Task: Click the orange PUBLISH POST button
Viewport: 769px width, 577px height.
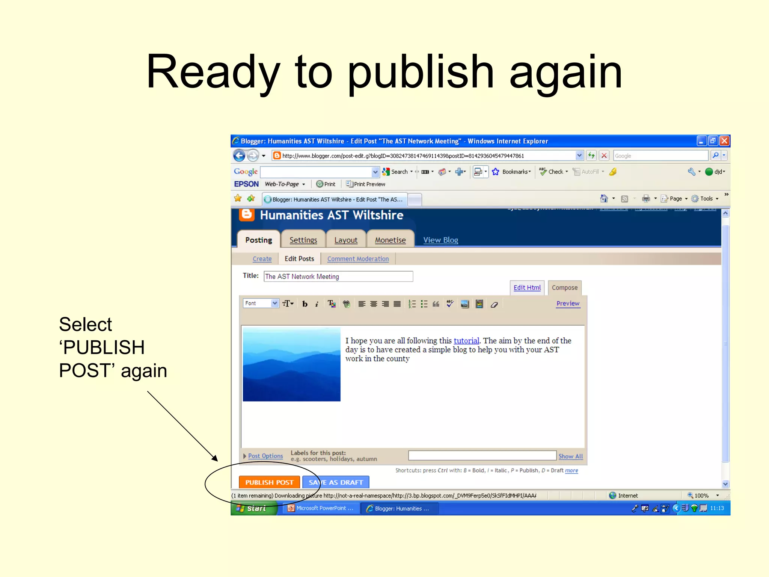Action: pyautogui.click(x=269, y=482)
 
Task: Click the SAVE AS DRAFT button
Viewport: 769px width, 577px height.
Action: pyautogui.click(x=336, y=482)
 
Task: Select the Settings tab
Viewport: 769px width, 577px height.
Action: pyautogui.click(x=303, y=240)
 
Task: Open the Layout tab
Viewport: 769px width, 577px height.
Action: pyautogui.click(x=346, y=240)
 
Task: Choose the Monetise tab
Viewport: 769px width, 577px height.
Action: pyautogui.click(x=390, y=240)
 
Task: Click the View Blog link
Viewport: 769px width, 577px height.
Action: pyautogui.click(x=440, y=240)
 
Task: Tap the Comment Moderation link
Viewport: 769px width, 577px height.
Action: pyautogui.click(x=358, y=259)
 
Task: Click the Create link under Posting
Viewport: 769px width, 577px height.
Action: pyautogui.click(x=262, y=259)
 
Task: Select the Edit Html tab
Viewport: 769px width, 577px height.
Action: pyautogui.click(x=527, y=287)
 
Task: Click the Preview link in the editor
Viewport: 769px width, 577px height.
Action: pyautogui.click(x=568, y=304)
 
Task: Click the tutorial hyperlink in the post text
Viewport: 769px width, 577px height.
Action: pyautogui.click(x=466, y=341)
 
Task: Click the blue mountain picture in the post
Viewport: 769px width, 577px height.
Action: pyautogui.click(x=292, y=364)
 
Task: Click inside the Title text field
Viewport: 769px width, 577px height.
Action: pyautogui.click(x=338, y=276)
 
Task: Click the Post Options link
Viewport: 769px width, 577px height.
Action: pyautogui.click(x=265, y=456)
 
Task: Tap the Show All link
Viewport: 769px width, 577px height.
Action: pyautogui.click(x=570, y=456)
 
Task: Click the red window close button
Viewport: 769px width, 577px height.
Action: pyautogui.click(x=724, y=141)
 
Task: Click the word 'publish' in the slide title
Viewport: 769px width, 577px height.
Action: pyautogui.click(x=421, y=72)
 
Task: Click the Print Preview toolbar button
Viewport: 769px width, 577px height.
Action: pyautogui.click(x=366, y=184)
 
